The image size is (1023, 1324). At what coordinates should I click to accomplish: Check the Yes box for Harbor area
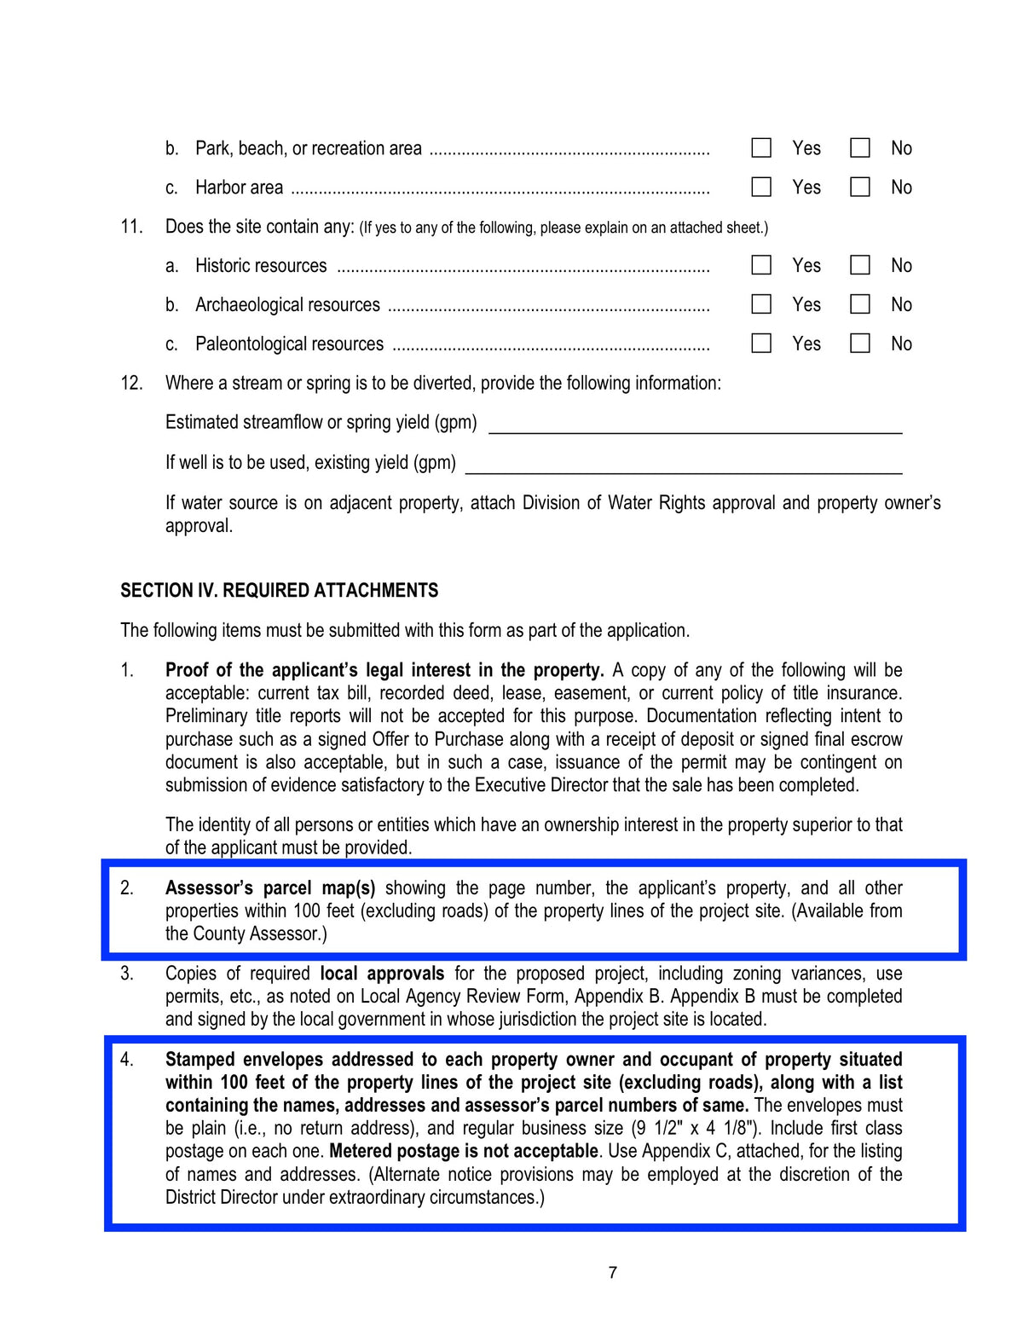coord(761,187)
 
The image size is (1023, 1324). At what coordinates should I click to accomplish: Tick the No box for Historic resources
coord(860,265)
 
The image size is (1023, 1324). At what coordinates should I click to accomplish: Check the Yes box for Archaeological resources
coord(761,304)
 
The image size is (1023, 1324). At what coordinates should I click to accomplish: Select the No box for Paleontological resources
coord(860,344)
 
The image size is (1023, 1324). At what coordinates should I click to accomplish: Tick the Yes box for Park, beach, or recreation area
coord(761,148)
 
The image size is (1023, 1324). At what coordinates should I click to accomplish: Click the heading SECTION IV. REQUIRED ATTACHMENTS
coord(279,591)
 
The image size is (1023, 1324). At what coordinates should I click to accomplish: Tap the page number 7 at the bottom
coord(612,1273)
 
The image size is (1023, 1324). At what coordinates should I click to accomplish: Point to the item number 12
coord(131,383)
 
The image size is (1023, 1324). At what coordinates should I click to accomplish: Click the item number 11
coord(131,227)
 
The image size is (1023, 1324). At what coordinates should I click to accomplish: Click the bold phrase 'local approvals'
coord(382,974)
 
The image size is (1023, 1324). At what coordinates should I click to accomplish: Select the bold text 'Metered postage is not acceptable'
coord(464,1151)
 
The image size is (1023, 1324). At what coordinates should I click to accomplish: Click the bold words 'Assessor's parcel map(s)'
coord(270,887)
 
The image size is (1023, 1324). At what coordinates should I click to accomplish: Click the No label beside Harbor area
coord(901,188)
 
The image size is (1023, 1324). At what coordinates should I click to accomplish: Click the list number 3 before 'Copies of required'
coord(126,974)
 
